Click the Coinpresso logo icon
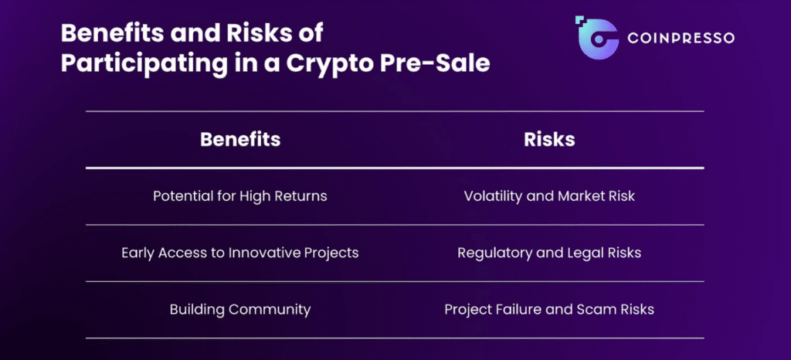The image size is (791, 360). click(597, 37)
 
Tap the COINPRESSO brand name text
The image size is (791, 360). click(681, 38)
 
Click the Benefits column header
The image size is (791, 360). click(240, 139)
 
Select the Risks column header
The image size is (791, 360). click(549, 139)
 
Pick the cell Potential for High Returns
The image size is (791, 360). click(240, 195)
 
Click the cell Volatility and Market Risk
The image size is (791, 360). click(549, 195)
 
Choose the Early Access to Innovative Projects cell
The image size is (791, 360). click(240, 252)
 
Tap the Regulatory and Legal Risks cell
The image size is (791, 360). click(549, 252)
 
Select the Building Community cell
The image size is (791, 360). click(240, 308)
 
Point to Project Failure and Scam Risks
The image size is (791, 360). click(549, 308)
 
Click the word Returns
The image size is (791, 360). click(304, 195)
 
